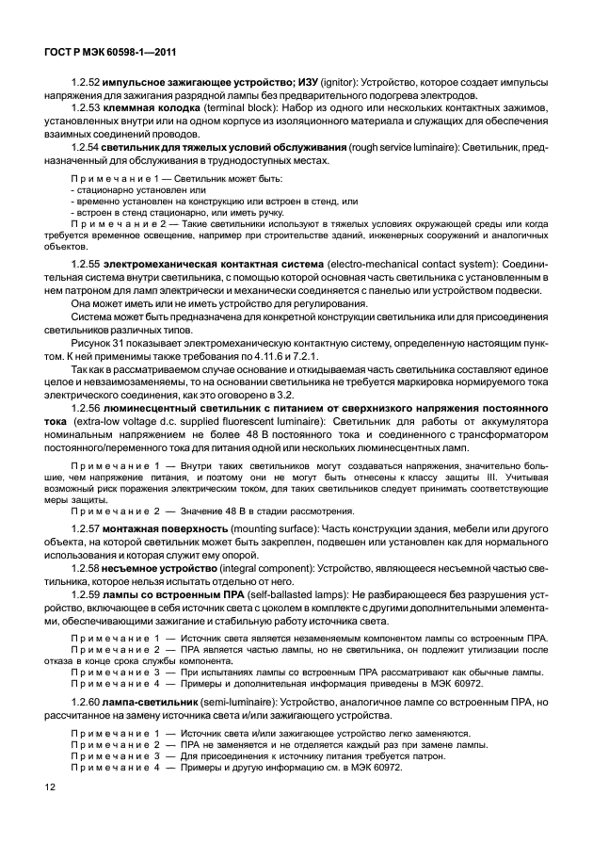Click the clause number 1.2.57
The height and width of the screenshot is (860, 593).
(x=88, y=530)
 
